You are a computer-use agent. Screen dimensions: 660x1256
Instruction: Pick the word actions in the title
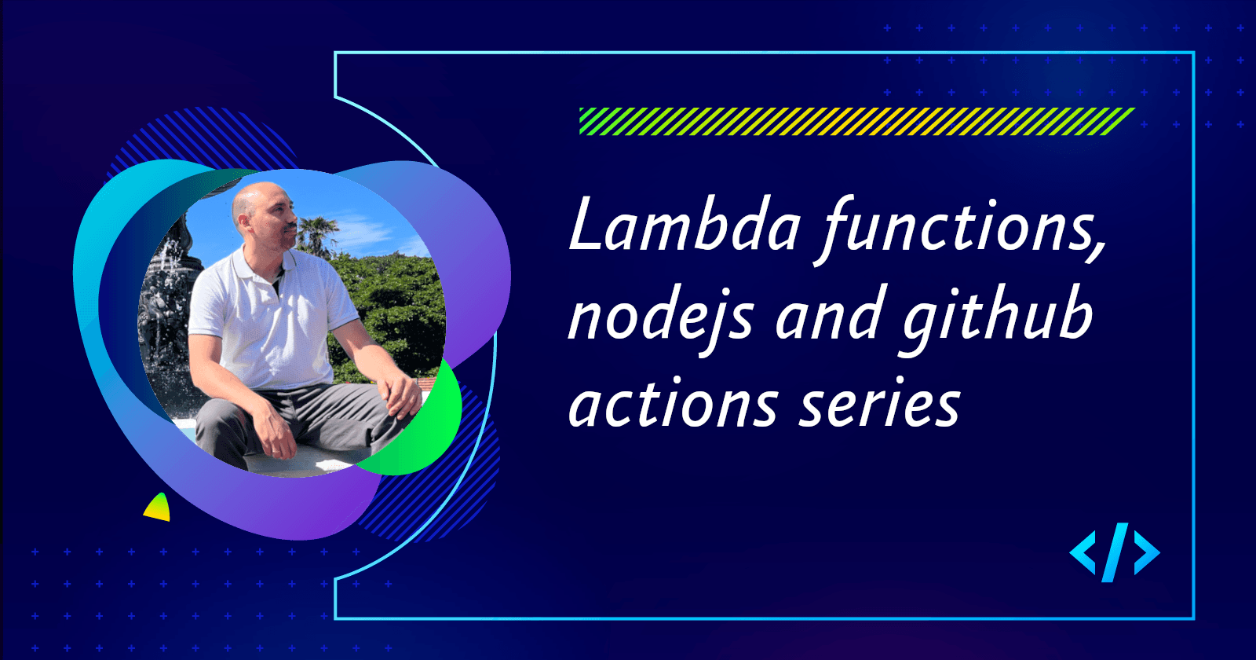[x=672, y=404]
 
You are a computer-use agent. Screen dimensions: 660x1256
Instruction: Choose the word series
[x=879, y=404]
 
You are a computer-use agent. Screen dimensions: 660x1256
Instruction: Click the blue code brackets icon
[x=1114, y=552]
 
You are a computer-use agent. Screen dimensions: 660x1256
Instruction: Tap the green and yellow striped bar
[x=856, y=121]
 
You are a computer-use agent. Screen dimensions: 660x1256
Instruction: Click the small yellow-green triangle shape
[x=158, y=508]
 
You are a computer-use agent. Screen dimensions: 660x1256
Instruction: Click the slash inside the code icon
[x=1114, y=552]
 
